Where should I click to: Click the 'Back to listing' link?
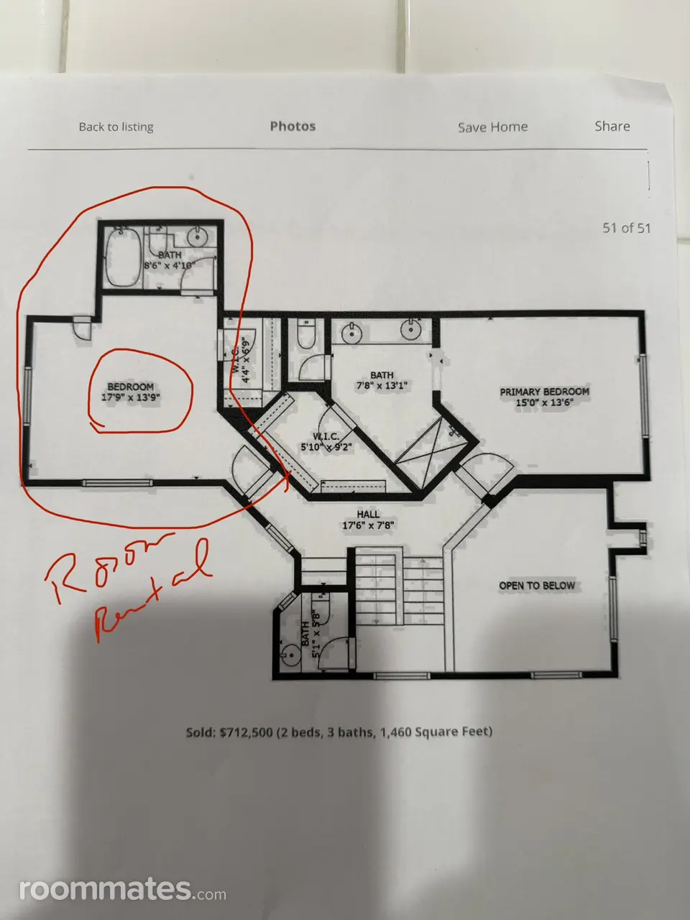116,126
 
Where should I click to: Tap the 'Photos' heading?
293,126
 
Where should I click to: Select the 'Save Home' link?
492,127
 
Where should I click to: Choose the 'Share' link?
612,126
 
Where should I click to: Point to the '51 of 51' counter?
626,228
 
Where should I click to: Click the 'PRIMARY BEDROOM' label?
544,392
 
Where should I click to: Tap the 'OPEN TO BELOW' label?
537,586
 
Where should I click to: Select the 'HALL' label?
368,515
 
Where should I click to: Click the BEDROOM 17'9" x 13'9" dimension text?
131,397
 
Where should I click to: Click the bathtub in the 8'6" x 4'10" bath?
123,257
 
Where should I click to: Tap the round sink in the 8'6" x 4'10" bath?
198,238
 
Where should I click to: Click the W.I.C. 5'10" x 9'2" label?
326,442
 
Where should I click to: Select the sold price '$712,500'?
246,732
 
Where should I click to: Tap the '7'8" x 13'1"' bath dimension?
382,385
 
